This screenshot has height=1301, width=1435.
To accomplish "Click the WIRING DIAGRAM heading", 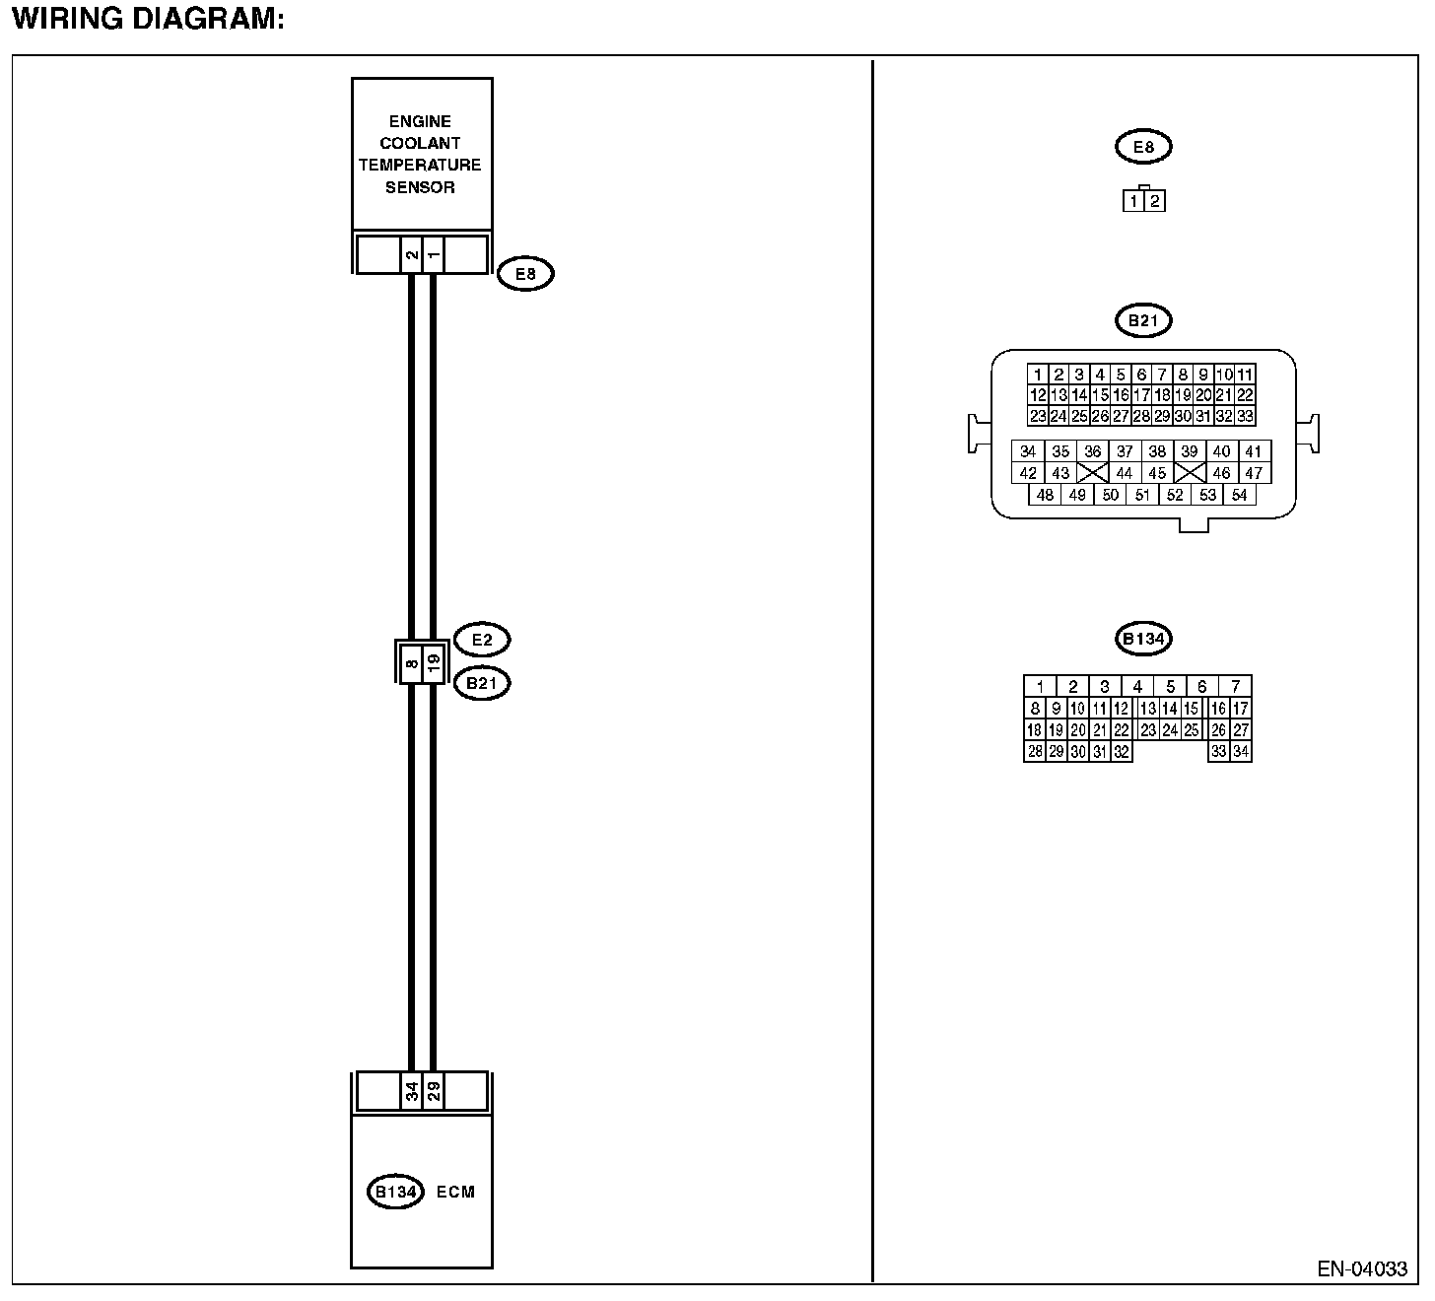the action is click(148, 20).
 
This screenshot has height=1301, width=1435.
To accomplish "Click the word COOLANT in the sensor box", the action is click(420, 143).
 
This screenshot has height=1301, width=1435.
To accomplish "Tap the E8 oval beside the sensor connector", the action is click(525, 273).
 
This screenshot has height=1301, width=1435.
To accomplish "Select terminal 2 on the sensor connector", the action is click(411, 254).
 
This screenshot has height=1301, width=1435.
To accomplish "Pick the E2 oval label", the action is click(482, 639).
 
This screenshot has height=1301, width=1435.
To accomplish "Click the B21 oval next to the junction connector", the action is click(482, 683).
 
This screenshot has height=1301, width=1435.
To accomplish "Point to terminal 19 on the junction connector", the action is click(434, 662).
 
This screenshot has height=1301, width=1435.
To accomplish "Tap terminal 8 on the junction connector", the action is click(411, 662).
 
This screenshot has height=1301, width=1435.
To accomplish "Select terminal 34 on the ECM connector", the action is click(411, 1091).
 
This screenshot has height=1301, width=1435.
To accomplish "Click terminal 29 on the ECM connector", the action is click(434, 1091).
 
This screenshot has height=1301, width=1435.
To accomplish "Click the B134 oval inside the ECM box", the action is click(395, 1192).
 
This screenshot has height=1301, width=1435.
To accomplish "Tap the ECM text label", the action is click(455, 1192).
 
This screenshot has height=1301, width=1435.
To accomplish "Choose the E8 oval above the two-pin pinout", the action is click(1143, 147).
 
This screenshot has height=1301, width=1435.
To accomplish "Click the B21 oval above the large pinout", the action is click(1143, 320).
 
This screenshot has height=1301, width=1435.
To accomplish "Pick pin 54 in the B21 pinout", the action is click(1240, 495).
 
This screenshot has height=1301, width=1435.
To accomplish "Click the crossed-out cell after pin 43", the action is click(1092, 473).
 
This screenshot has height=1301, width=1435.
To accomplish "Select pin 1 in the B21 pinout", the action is click(1037, 375).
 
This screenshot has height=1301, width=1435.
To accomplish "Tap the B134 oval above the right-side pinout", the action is click(1143, 639).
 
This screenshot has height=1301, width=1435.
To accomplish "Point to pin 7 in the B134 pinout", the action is click(1235, 686).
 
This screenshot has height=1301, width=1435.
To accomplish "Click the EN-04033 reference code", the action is click(1363, 1268).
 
